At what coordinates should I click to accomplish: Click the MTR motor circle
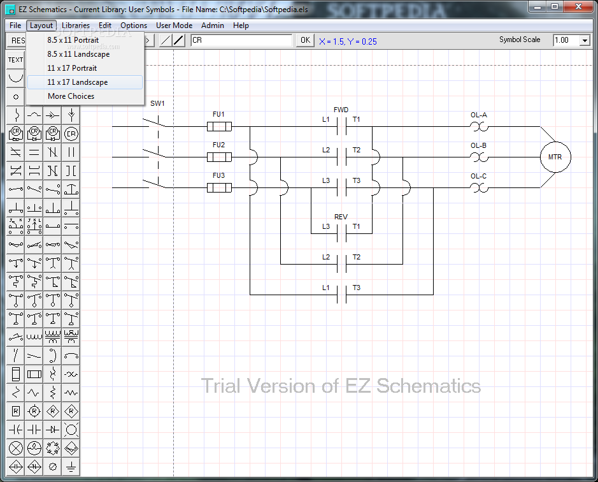coord(555,157)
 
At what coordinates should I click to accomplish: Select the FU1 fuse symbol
coord(219,126)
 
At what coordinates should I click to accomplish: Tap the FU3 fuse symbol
coord(219,187)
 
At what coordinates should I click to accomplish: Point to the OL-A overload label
coord(479,115)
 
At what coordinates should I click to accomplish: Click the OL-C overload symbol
coord(479,187)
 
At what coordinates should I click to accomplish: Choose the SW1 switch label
coord(157,103)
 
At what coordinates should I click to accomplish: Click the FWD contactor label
coord(341,110)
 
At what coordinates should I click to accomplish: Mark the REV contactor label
coord(341,217)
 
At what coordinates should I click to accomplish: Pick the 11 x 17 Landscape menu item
coord(78,82)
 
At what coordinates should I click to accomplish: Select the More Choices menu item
coord(71,96)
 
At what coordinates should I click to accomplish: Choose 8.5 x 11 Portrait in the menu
coord(73,40)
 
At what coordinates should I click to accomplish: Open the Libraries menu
coord(76,26)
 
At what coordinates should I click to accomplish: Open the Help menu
coord(241,26)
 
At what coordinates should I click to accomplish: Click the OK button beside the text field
coord(305,40)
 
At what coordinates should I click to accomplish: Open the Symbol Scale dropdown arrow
coord(585,41)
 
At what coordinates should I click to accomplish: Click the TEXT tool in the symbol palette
coord(15,60)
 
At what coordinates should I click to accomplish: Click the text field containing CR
coord(241,40)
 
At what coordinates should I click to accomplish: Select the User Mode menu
coord(174,26)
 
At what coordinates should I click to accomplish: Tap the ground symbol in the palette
coord(71,466)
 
